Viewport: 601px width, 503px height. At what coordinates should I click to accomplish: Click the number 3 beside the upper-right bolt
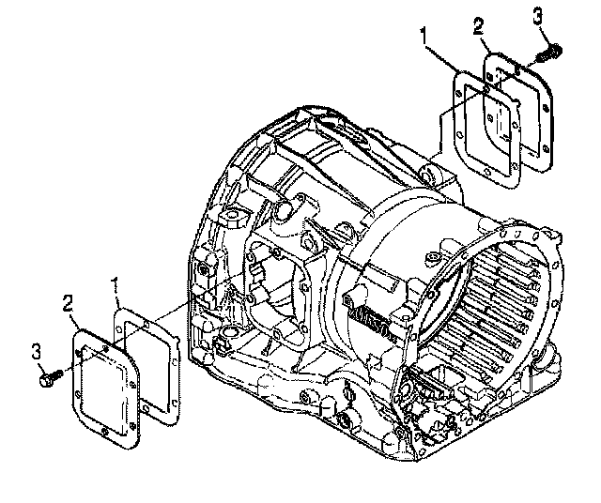tap(538, 17)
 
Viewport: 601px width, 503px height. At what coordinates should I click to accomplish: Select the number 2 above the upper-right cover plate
tap(479, 26)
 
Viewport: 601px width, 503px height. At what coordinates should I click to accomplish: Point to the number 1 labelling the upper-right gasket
tap(424, 36)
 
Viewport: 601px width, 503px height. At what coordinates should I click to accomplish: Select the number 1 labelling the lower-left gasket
tap(115, 285)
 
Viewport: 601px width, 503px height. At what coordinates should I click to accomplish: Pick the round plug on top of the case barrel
tap(432, 257)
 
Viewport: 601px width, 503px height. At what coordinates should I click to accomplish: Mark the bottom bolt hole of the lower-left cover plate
tap(104, 432)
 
